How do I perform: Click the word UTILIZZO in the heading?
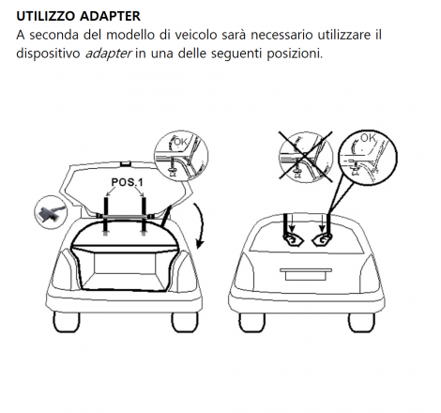[46, 16]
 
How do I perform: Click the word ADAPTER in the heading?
[110, 16]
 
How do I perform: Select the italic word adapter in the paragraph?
[108, 54]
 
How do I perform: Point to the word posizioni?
[295, 54]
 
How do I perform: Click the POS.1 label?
[127, 182]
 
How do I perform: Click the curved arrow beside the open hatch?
[201, 225]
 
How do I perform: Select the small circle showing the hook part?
[51, 212]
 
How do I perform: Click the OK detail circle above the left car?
[181, 156]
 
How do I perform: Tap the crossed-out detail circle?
[305, 157]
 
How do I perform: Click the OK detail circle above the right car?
[368, 158]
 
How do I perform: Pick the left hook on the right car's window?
[293, 239]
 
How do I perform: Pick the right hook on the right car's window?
[322, 239]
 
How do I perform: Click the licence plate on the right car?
[306, 275]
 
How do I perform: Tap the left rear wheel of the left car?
[67, 322]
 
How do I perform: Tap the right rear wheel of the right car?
[361, 322]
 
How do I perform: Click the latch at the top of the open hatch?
[125, 163]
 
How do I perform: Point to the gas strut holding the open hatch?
[166, 215]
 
